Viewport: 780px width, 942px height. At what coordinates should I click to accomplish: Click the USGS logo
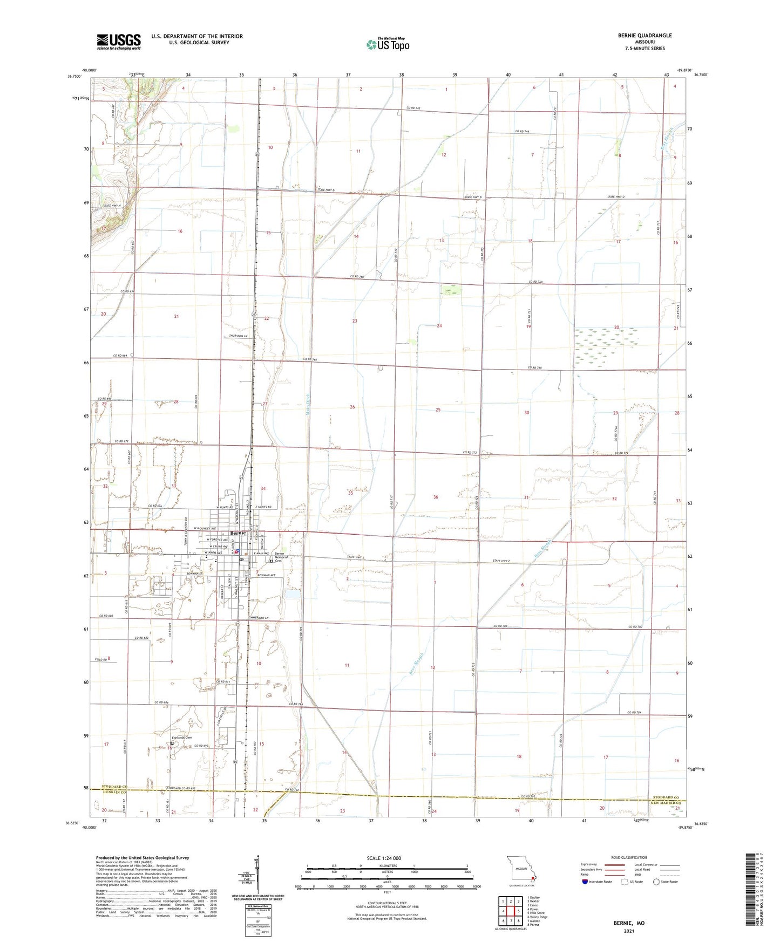click(x=118, y=42)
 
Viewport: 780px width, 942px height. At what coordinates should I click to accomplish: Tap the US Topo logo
click(x=387, y=44)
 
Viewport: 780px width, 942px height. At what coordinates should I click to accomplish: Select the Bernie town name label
click(x=238, y=533)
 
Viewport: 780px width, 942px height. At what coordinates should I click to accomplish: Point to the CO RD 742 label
click(x=413, y=108)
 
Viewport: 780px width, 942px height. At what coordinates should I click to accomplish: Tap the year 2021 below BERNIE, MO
click(x=628, y=931)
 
